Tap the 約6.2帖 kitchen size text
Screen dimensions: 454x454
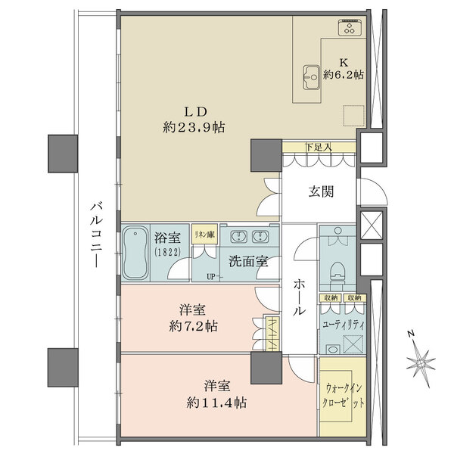click(344, 75)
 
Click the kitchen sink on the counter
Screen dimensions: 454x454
click(311, 74)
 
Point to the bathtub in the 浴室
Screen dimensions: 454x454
click(135, 252)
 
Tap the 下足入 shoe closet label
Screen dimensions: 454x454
click(318, 147)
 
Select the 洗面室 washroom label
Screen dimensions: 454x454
click(250, 262)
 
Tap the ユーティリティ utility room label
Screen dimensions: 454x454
click(344, 324)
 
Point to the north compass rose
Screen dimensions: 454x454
click(420, 362)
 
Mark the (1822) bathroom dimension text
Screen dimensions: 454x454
click(168, 252)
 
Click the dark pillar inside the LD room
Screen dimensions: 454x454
click(266, 155)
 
